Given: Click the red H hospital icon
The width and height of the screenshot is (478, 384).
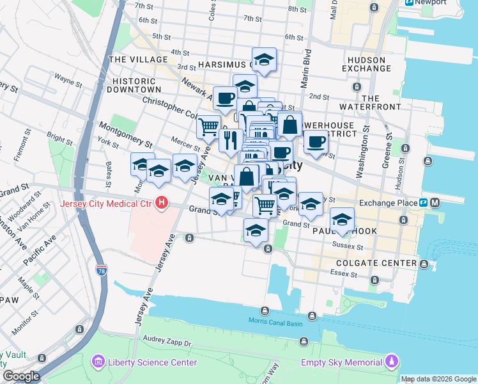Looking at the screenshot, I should pos(162,204).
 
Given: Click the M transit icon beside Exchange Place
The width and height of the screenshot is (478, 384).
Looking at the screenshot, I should pos(435,203).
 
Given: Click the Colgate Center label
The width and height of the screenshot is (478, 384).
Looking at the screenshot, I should pos(383,262).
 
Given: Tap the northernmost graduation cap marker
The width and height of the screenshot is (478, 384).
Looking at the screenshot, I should pos(264,60).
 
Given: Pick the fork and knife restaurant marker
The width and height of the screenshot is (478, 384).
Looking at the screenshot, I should pos(230,140).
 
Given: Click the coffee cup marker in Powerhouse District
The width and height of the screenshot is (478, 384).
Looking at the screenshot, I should pos(314,142).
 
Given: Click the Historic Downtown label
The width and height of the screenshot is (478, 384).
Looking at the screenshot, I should pos(134,85).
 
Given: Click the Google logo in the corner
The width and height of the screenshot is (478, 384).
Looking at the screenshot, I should pos(20,376).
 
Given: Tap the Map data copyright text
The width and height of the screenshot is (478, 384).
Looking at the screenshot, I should pos(438,379).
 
